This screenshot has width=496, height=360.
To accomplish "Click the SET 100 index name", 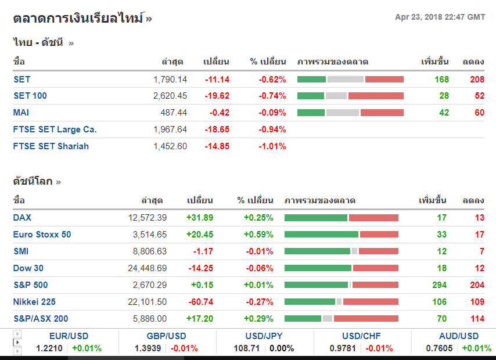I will click(x=30, y=96).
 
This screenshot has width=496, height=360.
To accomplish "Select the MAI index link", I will click(x=21, y=113).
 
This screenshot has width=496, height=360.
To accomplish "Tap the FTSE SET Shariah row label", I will click(x=51, y=146).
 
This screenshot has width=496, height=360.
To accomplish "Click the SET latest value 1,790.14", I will click(x=170, y=79).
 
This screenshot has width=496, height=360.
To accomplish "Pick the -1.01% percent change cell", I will click(x=272, y=146).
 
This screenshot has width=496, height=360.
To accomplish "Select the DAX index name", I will click(x=23, y=218).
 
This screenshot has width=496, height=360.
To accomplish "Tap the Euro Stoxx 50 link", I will click(x=42, y=235).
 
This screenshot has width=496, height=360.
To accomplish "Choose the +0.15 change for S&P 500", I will click(x=202, y=285).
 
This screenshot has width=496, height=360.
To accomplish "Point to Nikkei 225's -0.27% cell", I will click(x=259, y=302).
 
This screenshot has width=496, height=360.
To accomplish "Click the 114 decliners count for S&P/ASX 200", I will click(x=477, y=319).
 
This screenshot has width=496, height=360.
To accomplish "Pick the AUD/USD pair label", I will click(x=459, y=336).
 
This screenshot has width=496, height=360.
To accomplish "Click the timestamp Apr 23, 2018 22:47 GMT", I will click(x=440, y=17).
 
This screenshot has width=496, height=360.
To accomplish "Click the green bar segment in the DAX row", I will click(x=315, y=218).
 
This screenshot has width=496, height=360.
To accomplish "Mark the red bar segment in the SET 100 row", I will click(x=376, y=96).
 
